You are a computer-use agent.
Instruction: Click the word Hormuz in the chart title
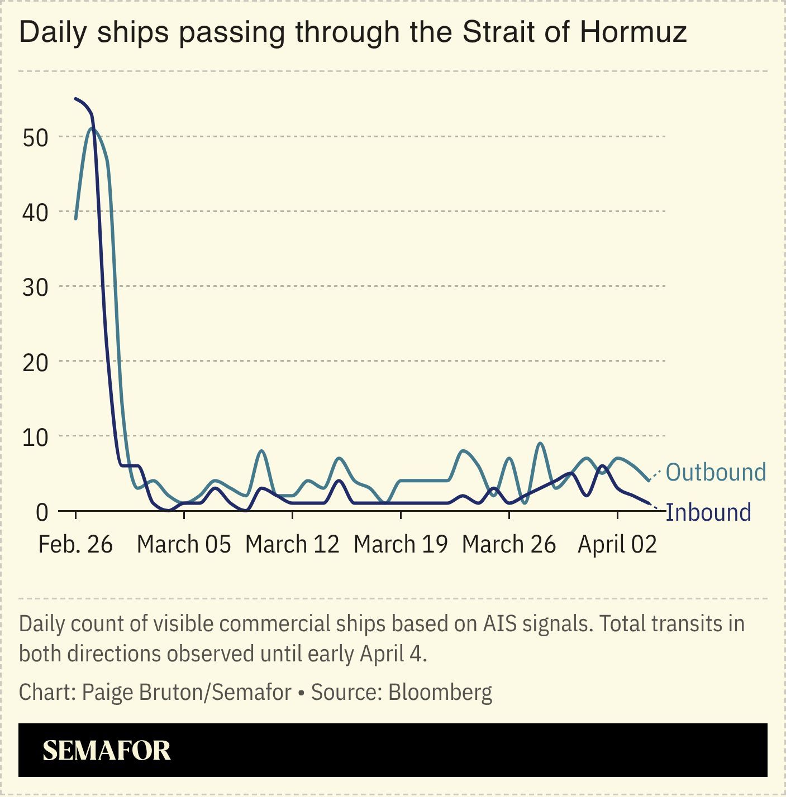pyautogui.click(x=632, y=32)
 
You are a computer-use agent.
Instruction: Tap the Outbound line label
pyautogui.click(x=715, y=472)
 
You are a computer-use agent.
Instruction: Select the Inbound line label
pyautogui.click(x=708, y=512)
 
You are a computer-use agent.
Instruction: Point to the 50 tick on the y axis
pyautogui.click(x=35, y=137)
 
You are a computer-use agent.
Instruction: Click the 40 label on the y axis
pyautogui.click(x=35, y=212)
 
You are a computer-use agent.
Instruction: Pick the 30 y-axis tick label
pyautogui.click(x=35, y=287)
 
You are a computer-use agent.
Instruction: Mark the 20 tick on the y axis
pyautogui.click(x=35, y=362)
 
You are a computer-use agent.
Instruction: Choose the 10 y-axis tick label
pyautogui.click(x=35, y=437)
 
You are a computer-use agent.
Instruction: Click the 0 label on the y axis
pyautogui.click(x=42, y=512)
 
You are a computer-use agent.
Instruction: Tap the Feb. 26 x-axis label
pyautogui.click(x=75, y=544)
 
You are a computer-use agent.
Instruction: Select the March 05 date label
pyautogui.click(x=184, y=544)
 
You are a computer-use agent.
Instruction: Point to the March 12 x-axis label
pyautogui.click(x=292, y=544)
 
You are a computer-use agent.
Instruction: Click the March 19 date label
pyautogui.click(x=401, y=544)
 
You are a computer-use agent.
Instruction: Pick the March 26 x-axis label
pyautogui.click(x=509, y=544)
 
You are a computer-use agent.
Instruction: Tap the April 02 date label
pyautogui.click(x=617, y=544)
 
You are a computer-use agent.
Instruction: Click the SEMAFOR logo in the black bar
pyautogui.click(x=107, y=751)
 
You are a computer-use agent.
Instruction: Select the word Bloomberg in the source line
pyautogui.click(x=440, y=692)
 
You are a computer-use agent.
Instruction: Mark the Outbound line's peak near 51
pyautogui.click(x=92, y=129)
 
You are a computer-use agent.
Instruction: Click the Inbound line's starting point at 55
pyautogui.click(x=76, y=99)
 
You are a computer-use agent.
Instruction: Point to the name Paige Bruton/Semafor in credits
pyautogui.click(x=187, y=692)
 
